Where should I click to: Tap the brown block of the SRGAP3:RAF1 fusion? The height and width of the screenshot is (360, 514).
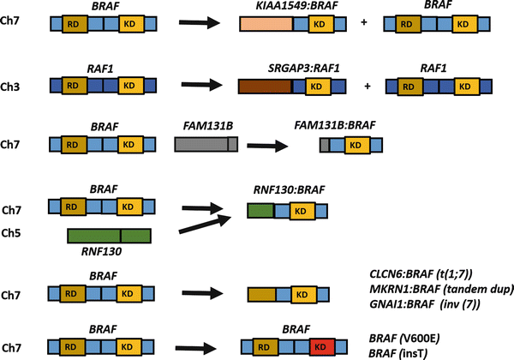pos(264,86)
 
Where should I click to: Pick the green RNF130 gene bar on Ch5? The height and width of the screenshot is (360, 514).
pos(109,235)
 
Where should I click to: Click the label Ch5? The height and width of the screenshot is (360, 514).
pos(15,231)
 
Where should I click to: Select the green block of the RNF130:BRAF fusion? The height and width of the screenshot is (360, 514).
pos(260,210)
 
